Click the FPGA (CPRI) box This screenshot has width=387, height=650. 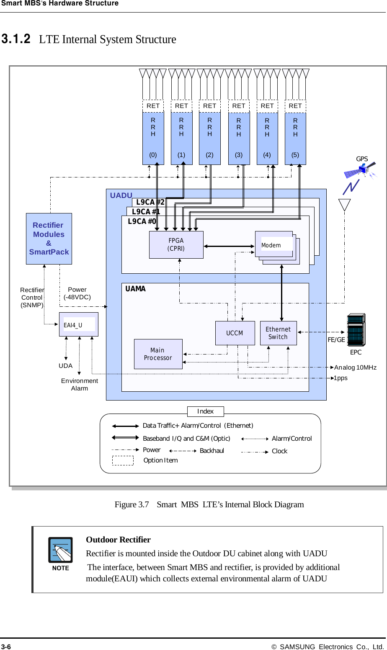tap(176, 245)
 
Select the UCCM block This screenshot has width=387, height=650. tap(235, 333)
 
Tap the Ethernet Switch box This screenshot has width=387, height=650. tap(278, 333)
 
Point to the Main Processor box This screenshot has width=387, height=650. tap(158, 354)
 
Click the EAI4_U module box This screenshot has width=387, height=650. tap(79, 324)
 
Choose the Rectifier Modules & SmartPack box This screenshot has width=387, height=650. tap(49, 239)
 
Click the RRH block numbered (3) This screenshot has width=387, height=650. tap(239, 139)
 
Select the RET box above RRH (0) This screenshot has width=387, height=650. tap(153, 106)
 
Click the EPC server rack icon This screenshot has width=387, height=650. tap(356, 330)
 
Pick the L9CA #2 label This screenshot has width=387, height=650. tap(150, 202)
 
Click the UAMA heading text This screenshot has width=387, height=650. tap(135, 289)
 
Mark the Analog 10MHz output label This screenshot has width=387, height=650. tap(355, 367)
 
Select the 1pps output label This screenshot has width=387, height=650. tap(341, 378)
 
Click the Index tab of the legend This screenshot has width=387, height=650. tap(205, 411)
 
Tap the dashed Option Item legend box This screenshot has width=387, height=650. tap(123, 460)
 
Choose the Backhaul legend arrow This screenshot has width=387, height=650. tap(183, 451)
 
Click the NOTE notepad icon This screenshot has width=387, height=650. tap(60, 550)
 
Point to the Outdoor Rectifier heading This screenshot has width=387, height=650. tap(118, 540)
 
